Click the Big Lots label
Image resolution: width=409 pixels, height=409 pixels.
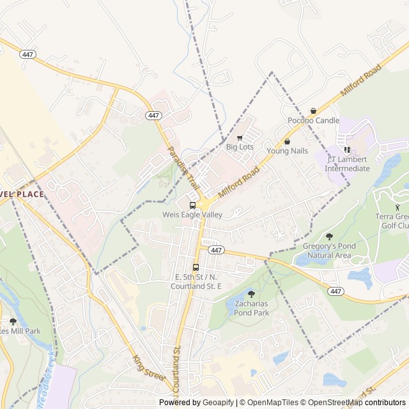click(x=240, y=147)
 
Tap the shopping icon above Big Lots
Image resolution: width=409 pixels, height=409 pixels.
click(x=240, y=137)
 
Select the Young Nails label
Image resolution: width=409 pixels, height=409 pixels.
click(x=287, y=151)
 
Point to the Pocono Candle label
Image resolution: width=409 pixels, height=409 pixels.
click(x=313, y=120)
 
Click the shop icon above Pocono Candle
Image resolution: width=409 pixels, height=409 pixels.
click(x=313, y=111)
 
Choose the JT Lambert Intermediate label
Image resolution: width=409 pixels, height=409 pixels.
click(x=347, y=164)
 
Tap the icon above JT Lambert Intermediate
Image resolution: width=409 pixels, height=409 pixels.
click(x=348, y=150)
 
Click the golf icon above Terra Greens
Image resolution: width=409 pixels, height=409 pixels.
click(x=397, y=207)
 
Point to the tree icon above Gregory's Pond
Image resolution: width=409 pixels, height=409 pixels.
click(x=329, y=237)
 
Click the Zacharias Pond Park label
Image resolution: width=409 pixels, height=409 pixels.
click(x=251, y=308)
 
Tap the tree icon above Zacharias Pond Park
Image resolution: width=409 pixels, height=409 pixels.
click(x=251, y=294)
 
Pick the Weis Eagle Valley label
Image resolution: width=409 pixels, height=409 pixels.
click(x=192, y=215)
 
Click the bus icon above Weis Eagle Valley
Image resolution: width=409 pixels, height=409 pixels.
click(x=192, y=205)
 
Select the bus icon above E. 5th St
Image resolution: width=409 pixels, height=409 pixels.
click(x=196, y=267)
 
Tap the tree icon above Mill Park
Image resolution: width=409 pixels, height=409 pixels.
click(x=13, y=321)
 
